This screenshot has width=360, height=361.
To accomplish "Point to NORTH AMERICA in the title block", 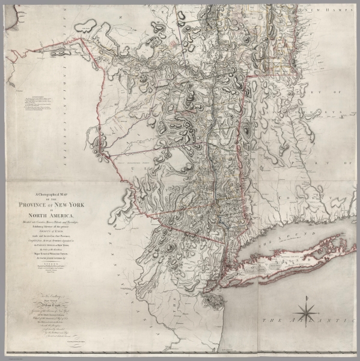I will point(58,216).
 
